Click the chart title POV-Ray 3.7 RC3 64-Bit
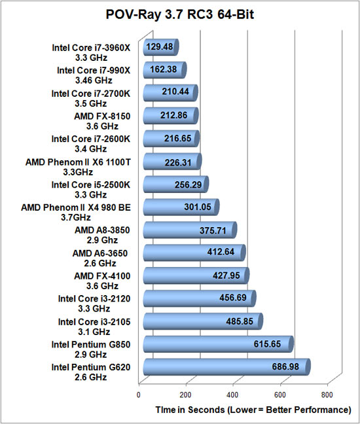point(180,14)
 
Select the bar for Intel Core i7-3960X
point(161,47)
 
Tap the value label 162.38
point(164,69)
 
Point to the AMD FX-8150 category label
point(102,121)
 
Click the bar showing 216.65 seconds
point(171,139)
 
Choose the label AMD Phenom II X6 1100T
point(78,167)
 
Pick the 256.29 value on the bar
point(189,185)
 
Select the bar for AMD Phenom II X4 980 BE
point(181,207)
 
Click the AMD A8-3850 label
point(102,235)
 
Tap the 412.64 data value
point(221,252)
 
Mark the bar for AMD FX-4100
point(196,275)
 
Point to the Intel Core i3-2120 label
point(94,304)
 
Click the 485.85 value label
point(240,321)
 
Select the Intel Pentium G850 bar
point(218,344)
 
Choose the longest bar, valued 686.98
point(226,367)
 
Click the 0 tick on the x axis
point(139,395)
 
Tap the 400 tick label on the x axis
point(232,395)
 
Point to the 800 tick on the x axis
point(327,395)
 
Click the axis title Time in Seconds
point(190,410)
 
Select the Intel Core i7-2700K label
point(90,98)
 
